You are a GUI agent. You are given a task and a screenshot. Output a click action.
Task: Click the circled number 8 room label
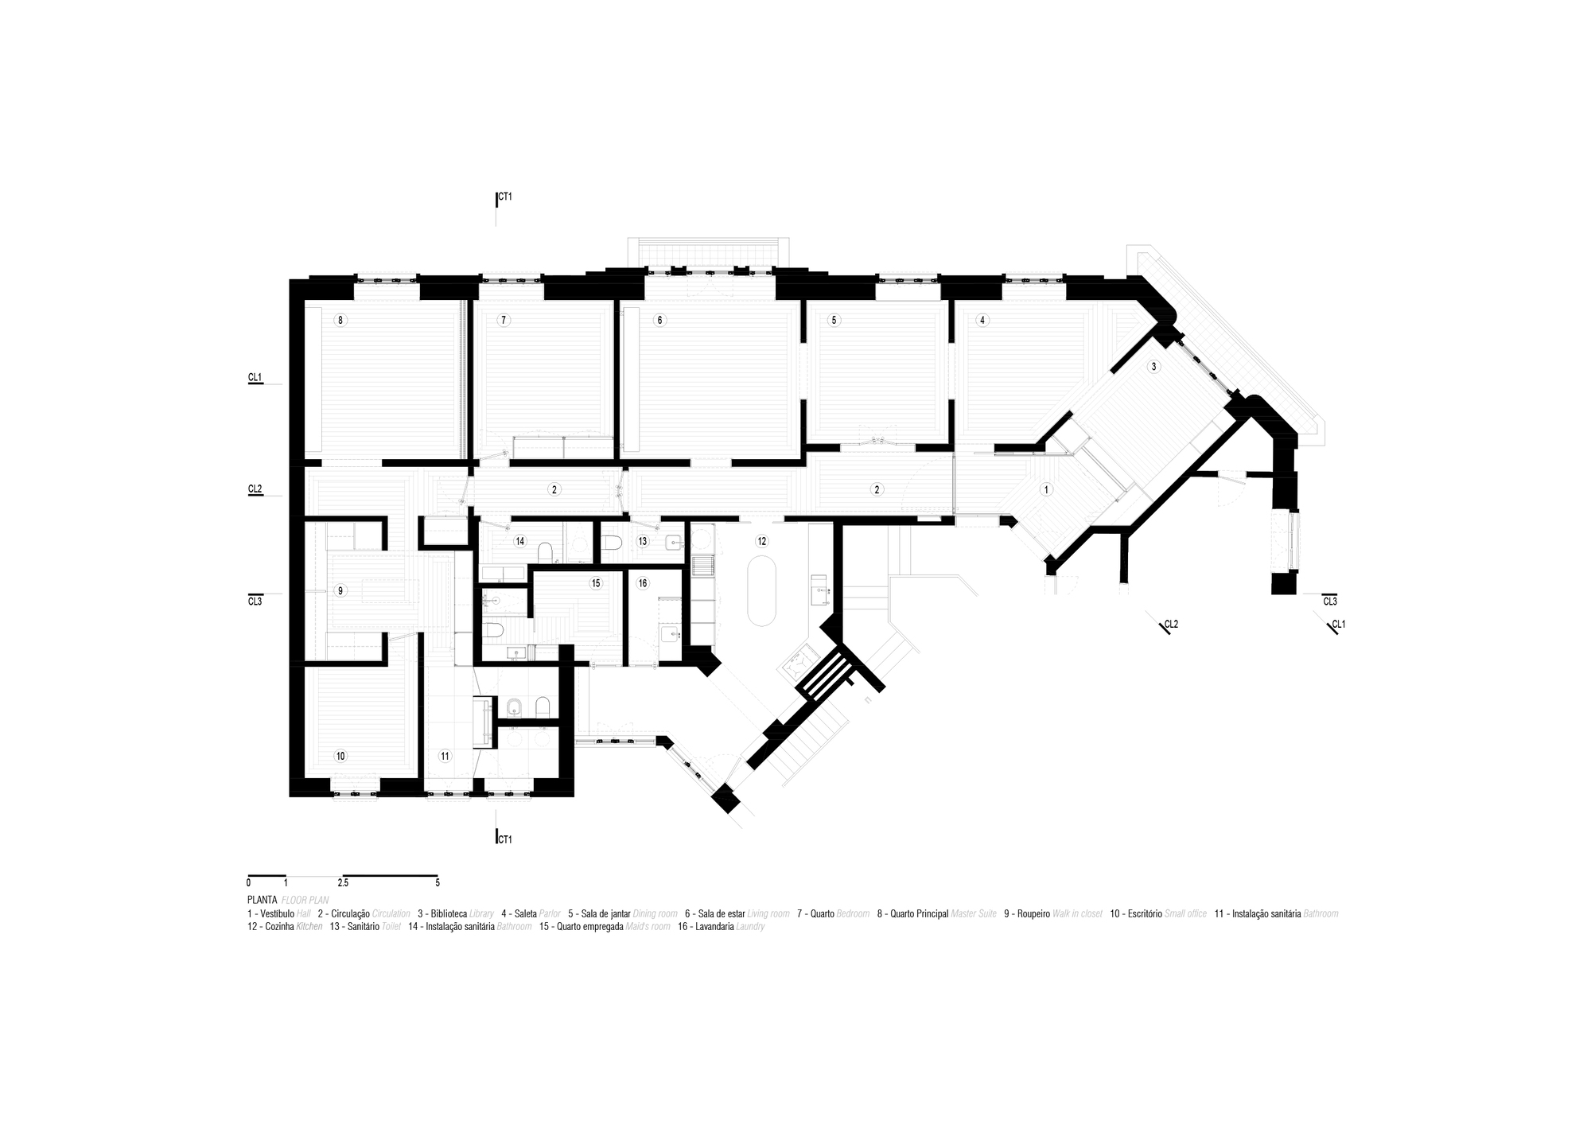tap(340, 321)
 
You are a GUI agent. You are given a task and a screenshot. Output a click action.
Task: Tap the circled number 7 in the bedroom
tap(503, 321)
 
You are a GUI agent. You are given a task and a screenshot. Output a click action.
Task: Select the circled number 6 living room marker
tap(659, 321)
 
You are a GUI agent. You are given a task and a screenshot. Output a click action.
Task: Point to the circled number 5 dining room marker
tap(834, 321)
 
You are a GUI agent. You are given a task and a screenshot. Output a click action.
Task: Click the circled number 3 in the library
tap(1153, 367)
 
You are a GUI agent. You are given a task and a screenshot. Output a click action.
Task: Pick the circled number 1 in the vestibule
tap(1047, 490)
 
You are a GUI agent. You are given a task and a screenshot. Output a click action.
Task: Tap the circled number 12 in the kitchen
tap(761, 541)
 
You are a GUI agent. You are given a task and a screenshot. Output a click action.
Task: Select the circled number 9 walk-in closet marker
tap(340, 591)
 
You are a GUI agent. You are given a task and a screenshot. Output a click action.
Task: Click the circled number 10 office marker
tap(340, 756)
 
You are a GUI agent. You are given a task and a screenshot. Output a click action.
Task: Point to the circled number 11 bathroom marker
tap(445, 756)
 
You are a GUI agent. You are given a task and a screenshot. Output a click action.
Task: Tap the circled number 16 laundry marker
tap(643, 583)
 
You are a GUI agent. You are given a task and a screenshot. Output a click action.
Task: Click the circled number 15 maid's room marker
tap(595, 583)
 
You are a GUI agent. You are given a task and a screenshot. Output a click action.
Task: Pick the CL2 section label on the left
tap(255, 489)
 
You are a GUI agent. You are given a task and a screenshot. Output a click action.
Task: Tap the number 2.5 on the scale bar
tap(343, 883)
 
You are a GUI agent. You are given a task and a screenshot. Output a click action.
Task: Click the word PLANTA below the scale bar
tap(262, 900)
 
